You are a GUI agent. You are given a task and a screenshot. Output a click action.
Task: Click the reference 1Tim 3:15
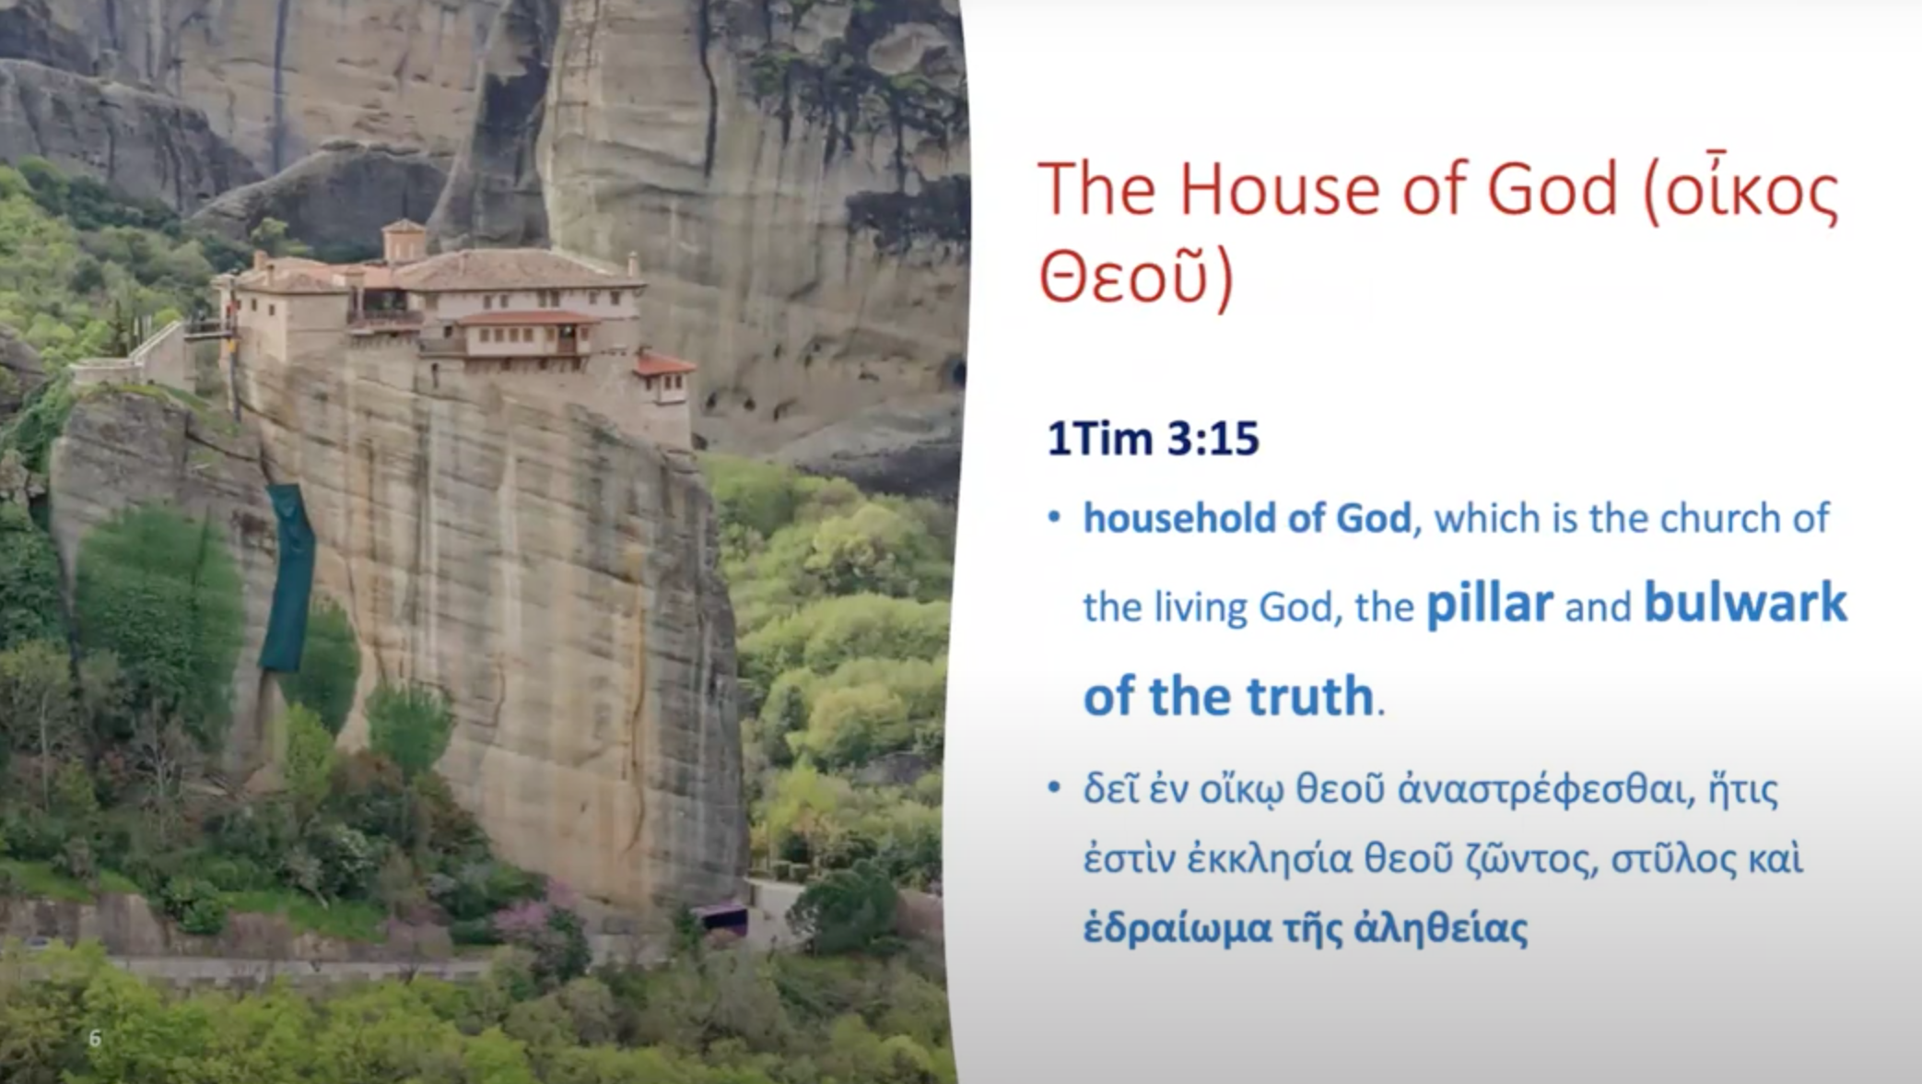(1153, 439)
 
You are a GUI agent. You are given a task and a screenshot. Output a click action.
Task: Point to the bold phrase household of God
(1247, 518)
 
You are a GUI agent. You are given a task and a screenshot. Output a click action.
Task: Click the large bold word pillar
(1490, 605)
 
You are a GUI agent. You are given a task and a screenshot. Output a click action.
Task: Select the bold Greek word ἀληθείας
(1441, 928)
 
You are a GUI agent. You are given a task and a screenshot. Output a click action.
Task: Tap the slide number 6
(95, 1039)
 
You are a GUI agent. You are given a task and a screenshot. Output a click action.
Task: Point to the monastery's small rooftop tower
(404, 240)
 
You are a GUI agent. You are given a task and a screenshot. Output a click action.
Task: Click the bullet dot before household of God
(1055, 518)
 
